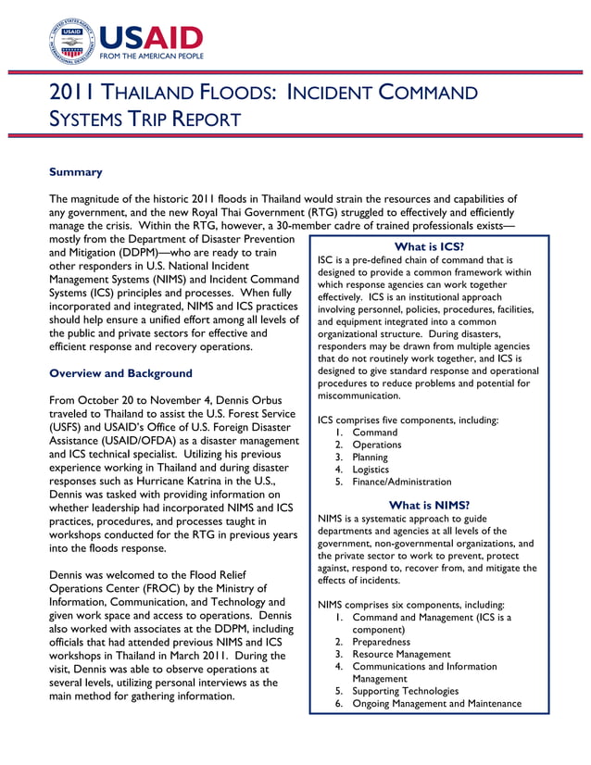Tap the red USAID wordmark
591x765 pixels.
(150, 37)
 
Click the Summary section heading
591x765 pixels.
(75, 172)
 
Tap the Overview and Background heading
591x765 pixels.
(120, 373)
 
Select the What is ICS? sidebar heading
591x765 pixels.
(429, 246)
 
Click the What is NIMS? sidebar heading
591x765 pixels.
(429, 505)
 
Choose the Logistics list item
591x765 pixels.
(372, 470)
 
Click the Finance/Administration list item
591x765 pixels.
(401, 482)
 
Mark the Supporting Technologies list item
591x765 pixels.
(406, 691)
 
